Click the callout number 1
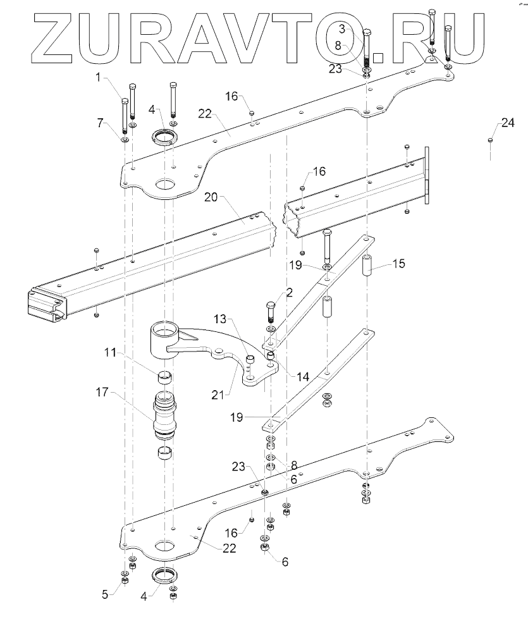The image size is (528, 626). [x=99, y=78]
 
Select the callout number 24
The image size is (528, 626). [x=508, y=124]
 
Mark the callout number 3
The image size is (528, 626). [x=341, y=28]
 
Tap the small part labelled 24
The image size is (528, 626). [x=490, y=140]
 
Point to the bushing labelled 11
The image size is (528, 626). [x=166, y=378]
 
